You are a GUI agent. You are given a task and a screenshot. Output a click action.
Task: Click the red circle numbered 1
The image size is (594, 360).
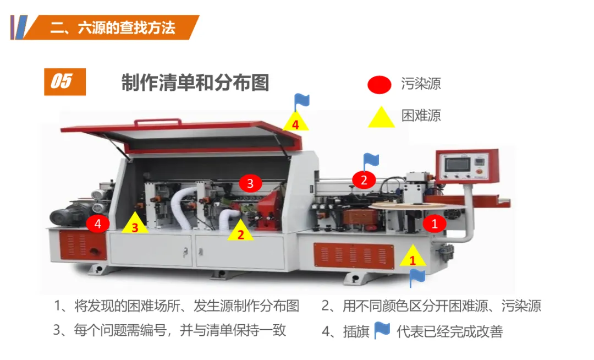tap(434, 223)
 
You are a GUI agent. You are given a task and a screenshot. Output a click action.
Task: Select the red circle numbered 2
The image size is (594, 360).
tap(364, 179)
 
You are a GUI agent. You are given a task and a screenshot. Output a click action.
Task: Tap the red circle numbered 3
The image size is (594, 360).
tap(250, 183)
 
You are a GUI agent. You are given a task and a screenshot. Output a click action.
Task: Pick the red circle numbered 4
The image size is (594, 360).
tap(98, 223)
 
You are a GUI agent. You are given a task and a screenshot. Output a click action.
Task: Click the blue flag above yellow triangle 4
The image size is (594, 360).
tap(301, 101)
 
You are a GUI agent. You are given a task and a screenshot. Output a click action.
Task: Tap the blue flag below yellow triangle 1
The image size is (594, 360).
tap(417, 277)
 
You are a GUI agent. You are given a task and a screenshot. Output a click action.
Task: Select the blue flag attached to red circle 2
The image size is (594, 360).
tap(371, 161)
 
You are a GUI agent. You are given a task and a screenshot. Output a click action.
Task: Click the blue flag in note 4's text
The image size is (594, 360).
tap(382, 330)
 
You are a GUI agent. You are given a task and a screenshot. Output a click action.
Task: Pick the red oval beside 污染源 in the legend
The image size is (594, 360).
tap(379, 85)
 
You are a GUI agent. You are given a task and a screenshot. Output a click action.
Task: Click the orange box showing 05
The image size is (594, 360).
tap(65, 82)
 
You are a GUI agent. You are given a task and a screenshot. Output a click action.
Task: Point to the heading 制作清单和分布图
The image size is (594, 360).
tap(195, 83)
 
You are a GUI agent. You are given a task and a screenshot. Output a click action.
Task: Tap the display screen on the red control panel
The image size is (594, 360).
tap(457, 165)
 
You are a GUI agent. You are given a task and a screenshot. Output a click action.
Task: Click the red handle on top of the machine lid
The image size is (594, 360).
tap(158, 122)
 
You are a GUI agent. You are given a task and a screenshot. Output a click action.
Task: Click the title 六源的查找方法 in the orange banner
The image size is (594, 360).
tap(127, 28)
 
